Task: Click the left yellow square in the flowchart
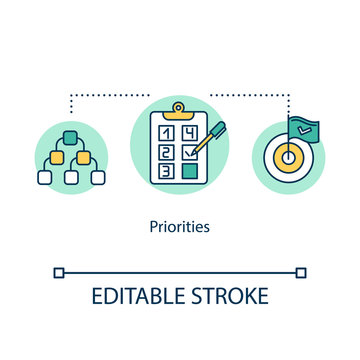tap(56, 157)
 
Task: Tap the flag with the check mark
tap(303, 131)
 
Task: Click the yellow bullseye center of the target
tap(288, 157)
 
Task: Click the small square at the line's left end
tap(58, 271)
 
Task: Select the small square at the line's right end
tap(302, 271)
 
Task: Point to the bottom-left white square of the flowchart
tap(44, 177)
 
